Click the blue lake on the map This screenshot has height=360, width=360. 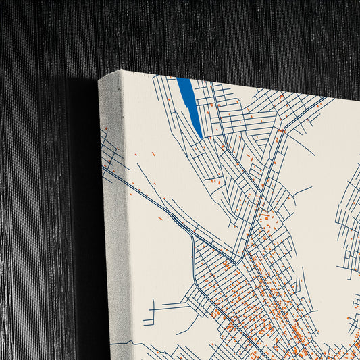click(189, 101)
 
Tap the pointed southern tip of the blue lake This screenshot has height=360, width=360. click(201, 137)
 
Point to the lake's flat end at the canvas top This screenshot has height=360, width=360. click(184, 80)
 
